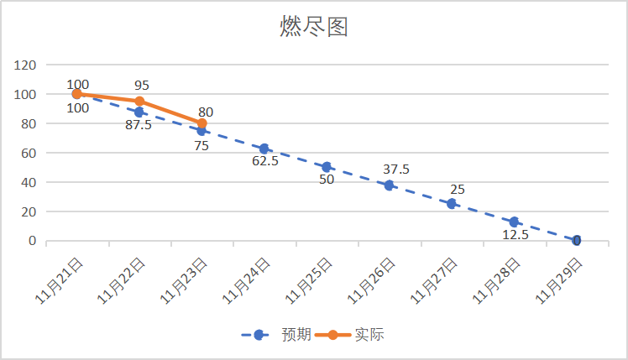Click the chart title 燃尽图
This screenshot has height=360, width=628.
coord(313,27)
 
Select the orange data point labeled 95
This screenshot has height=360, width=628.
coord(139,102)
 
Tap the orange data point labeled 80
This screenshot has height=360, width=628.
coord(201,123)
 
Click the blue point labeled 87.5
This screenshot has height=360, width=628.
coord(139,112)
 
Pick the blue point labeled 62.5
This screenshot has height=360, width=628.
coord(264,149)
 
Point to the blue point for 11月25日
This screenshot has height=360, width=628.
coord(327,167)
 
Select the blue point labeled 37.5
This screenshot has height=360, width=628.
coord(389,185)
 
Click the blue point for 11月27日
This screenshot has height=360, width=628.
coord(452,204)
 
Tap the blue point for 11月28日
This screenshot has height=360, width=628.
coord(514,222)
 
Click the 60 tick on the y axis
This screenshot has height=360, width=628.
coord(29,153)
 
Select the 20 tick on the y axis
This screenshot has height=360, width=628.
coord(29,211)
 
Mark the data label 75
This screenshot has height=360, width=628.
coord(201,144)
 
